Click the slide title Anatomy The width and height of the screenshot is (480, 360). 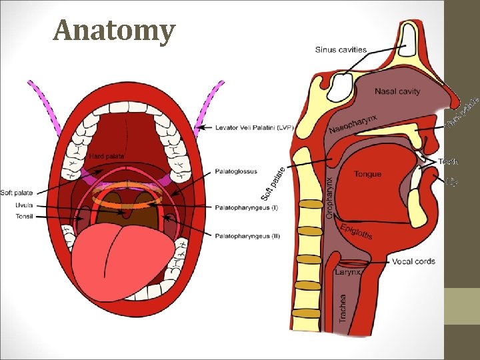(x=114, y=30)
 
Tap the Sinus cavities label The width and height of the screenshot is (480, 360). (x=341, y=49)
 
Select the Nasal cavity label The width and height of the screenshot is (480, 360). (x=397, y=91)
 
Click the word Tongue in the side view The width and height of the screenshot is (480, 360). (x=367, y=175)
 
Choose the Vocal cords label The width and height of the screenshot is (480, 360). (x=414, y=261)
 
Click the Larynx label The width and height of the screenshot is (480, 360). (x=347, y=272)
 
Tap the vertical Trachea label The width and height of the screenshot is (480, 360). (x=343, y=309)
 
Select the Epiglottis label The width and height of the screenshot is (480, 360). (x=356, y=231)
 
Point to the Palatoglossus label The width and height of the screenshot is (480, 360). (x=236, y=171)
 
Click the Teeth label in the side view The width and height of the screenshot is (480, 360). (x=448, y=162)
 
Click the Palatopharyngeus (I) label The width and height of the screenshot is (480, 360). (x=247, y=207)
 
